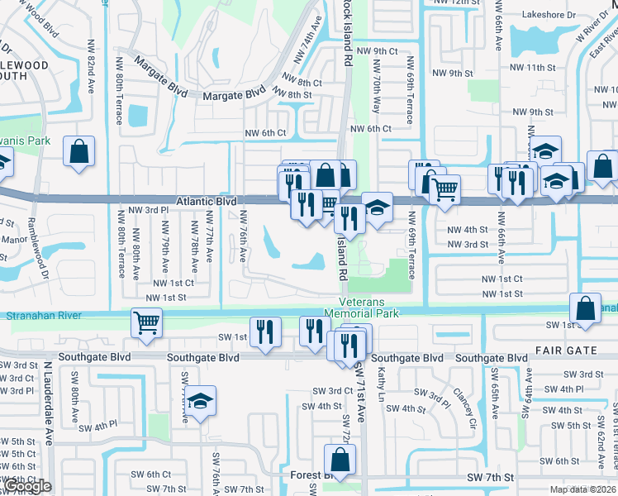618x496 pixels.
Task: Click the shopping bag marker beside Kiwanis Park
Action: pyautogui.click(x=78, y=152)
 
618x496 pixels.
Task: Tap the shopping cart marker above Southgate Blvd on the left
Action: pyautogui.click(x=146, y=322)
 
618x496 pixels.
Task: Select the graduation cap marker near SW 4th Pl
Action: pyautogui.click(x=199, y=402)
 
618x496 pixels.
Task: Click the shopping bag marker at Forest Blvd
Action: pyautogui.click(x=340, y=459)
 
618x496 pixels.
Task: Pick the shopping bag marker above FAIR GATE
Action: pyautogui.click(x=585, y=309)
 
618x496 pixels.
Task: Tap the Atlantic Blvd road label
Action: pyautogui.click(x=207, y=202)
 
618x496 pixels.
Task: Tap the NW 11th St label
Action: pyautogui.click(x=530, y=67)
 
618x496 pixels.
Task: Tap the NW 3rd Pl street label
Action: pyautogui.click(x=145, y=211)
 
